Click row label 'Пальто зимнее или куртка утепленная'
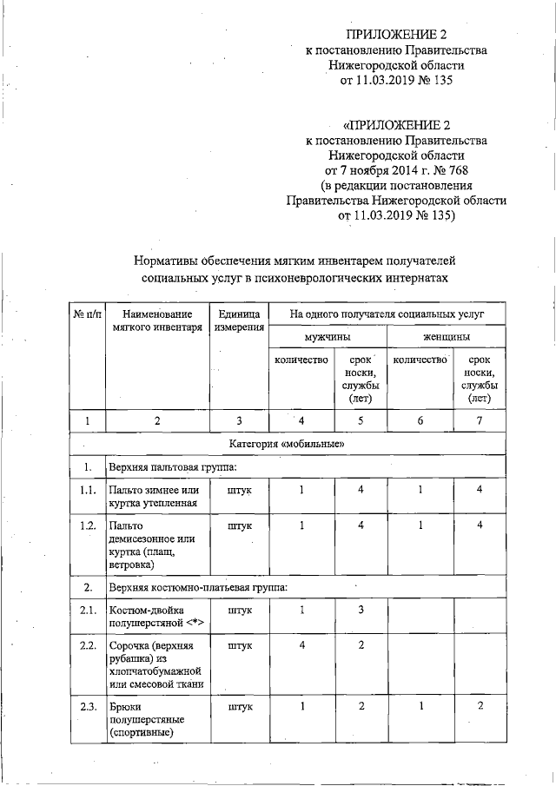point(152,496)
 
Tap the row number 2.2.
point(87,646)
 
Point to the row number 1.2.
point(87,525)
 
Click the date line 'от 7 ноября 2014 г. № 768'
point(396,169)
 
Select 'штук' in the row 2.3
point(239,707)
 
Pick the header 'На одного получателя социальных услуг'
point(387,312)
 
